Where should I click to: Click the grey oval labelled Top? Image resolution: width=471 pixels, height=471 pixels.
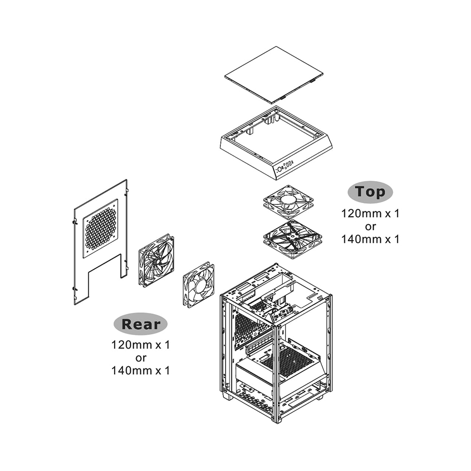coord(370,192)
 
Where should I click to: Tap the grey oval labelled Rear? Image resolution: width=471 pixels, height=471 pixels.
coord(141,324)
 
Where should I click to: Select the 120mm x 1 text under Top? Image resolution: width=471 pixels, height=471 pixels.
coord(370,214)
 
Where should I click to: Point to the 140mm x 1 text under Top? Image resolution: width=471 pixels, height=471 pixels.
coord(370,239)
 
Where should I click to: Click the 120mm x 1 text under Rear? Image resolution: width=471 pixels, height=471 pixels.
coord(141,345)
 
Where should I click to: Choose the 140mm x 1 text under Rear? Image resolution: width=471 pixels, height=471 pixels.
coord(141,371)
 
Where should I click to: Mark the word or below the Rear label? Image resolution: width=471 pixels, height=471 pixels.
coord(141,358)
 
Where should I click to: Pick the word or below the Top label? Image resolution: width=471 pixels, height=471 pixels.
coord(370,227)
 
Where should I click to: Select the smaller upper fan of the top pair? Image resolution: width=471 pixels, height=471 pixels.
coord(288,200)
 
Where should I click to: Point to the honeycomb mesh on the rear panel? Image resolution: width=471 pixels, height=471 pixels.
coord(100,228)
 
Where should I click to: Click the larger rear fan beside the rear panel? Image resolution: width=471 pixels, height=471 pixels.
coord(156,260)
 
